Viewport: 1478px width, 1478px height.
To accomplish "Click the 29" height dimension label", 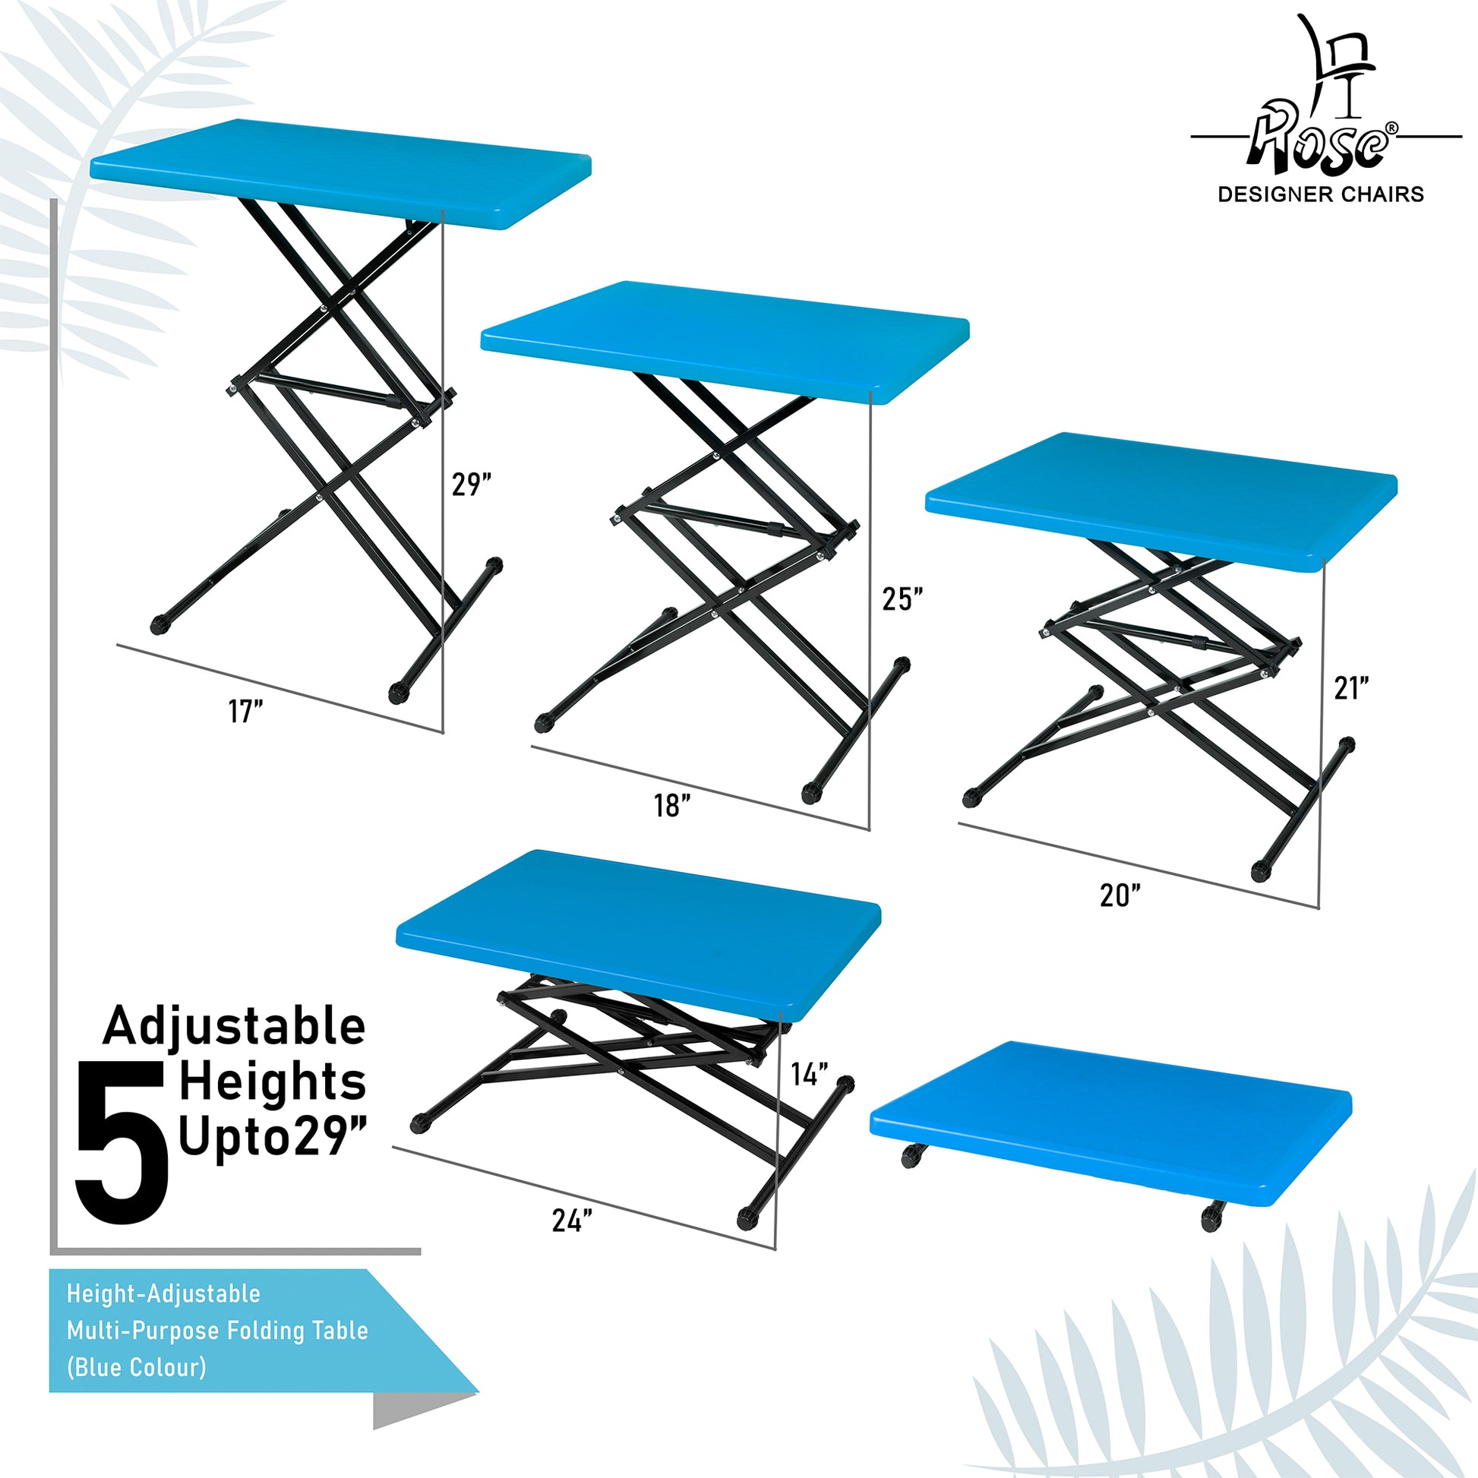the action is (x=470, y=485).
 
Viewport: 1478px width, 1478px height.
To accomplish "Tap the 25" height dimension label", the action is (x=903, y=599).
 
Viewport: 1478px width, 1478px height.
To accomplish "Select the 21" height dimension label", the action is (x=1351, y=689).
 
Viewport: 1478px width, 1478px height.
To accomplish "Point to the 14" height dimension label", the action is (x=810, y=1074).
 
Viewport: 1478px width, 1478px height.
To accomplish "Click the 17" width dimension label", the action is (x=245, y=712).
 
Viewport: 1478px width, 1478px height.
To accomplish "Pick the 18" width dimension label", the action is (x=672, y=806).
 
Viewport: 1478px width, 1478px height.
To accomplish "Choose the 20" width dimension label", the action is (x=1121, y=895).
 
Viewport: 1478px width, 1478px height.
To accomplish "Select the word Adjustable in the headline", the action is (x=235, y=1027).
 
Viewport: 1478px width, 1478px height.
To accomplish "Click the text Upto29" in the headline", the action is (x=273, y=1138).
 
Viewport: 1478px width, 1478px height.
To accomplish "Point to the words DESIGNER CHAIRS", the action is (x=1321, y=194).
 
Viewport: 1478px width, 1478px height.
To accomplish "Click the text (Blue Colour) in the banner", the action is (x=136, y=1366).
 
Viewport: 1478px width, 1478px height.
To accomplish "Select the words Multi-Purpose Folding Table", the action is (x=217, y=1330).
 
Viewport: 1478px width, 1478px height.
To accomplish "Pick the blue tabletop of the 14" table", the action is (x=638, y=936).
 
